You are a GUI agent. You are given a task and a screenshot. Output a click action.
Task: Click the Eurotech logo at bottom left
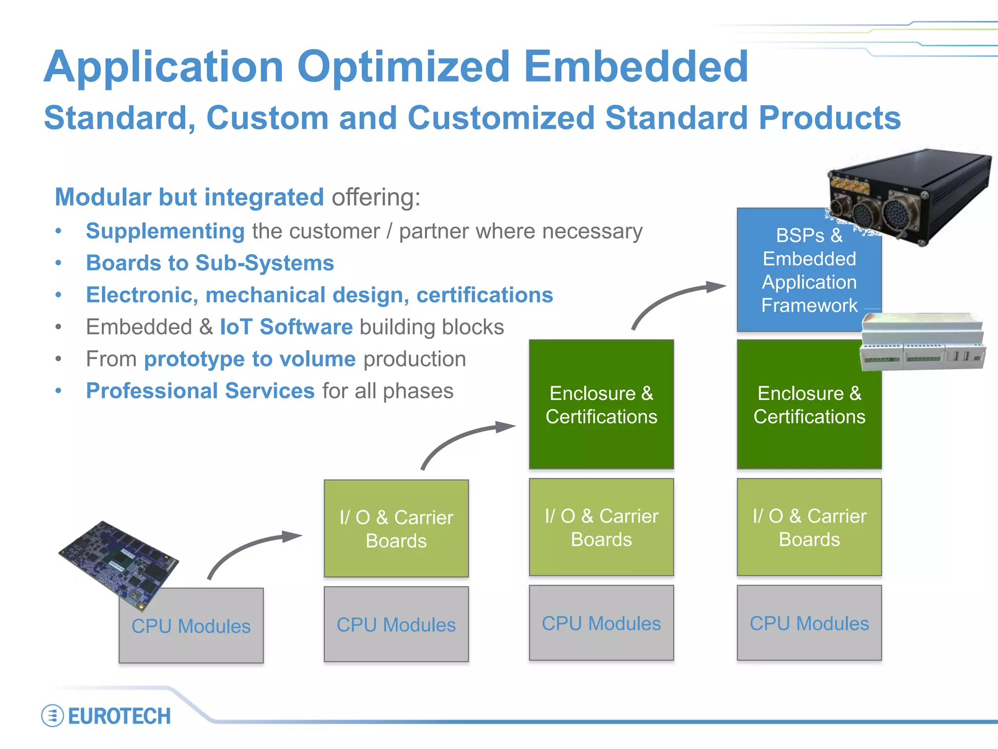point(106,716)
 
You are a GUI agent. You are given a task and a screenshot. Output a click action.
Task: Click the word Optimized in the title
point(403,67)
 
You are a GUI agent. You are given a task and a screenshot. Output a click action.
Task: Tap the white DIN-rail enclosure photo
point(922,341)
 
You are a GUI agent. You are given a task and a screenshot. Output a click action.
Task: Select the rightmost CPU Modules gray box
point(809,623)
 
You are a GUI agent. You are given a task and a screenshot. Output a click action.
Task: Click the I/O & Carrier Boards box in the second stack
point(396,529)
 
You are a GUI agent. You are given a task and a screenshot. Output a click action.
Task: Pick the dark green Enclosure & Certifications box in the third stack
point(601,405)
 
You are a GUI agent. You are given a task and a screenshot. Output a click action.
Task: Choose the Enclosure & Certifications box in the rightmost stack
point(809,405)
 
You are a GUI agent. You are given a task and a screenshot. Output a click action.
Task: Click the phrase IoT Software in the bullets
point(286,327)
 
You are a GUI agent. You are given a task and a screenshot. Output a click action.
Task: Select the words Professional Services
point(200,391)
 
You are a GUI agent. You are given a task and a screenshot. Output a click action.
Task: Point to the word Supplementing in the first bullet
point(165,231)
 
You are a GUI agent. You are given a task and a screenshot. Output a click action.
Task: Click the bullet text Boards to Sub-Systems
point(210,263)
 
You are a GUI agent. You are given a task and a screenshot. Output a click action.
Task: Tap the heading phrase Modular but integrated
point(189,197)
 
